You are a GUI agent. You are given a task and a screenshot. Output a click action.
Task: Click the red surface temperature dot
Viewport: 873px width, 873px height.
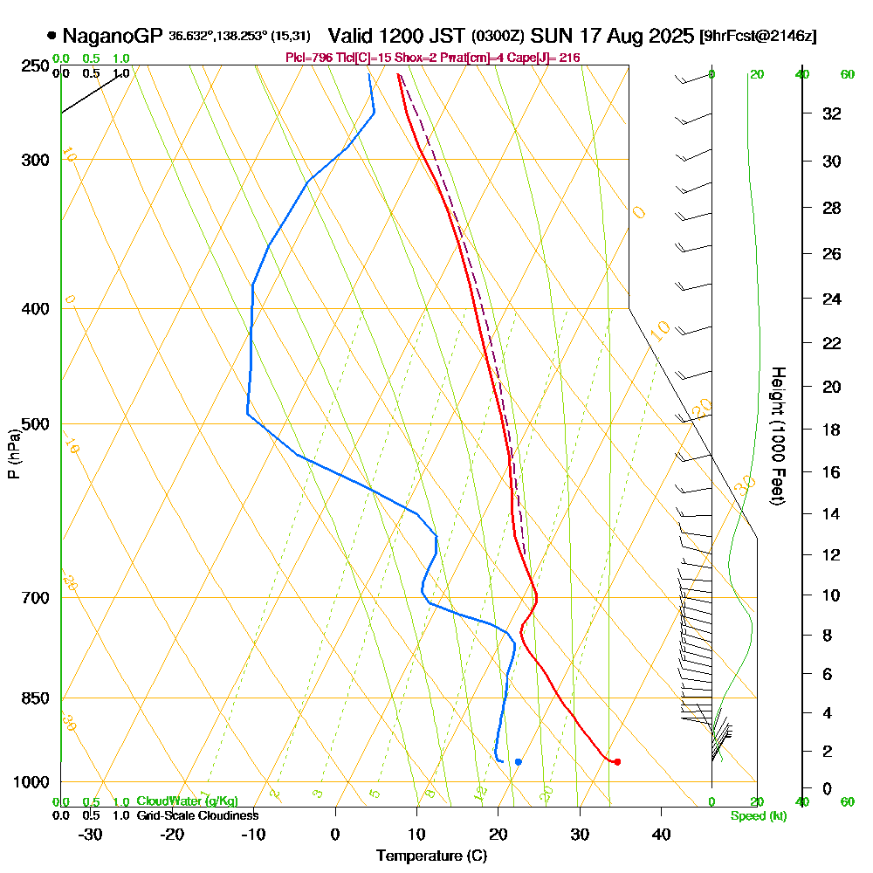point(617,762)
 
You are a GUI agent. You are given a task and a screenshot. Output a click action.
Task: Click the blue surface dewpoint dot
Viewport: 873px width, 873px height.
point(519,762)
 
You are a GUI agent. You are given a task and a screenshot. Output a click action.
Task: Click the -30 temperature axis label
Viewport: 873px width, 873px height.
point(91,835)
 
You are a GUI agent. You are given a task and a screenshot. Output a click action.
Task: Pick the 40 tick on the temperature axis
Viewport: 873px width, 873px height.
point(661,835)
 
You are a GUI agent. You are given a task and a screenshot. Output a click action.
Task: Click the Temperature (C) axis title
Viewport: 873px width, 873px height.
point(431,856)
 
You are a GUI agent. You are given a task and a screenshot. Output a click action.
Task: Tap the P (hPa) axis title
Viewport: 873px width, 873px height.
point(13,453)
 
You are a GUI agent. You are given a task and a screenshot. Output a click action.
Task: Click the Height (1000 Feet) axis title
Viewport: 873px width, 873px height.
point(776,436)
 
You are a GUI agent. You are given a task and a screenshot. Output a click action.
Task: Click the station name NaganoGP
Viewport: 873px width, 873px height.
point(112,37)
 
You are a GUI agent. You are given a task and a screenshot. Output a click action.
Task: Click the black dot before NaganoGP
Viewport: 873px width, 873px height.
point(52,37)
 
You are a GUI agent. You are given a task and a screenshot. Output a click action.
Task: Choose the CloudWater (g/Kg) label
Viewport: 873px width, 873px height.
point(187,801)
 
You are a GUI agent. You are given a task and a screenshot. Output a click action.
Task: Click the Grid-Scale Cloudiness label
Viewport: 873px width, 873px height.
point(197,815)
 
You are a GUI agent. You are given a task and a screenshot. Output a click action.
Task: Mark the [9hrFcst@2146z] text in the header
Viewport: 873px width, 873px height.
point(759,37)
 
